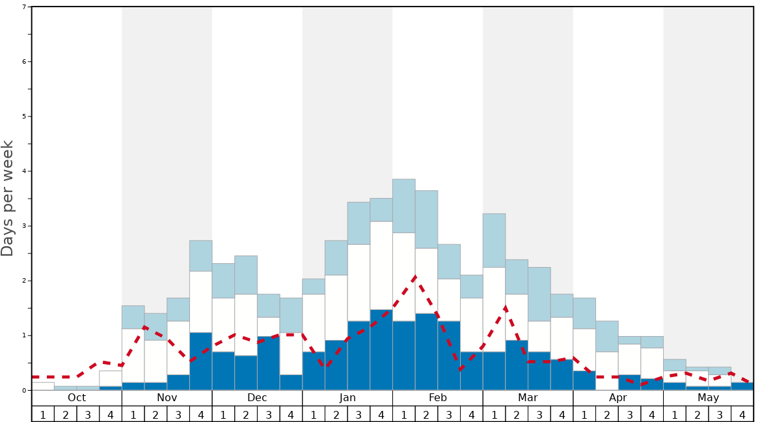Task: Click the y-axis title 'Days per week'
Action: [8, 199]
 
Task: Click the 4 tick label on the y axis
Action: [24, 171]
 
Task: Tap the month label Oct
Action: [77, 398]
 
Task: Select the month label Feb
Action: [438, 398]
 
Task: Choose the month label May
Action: [709, 398]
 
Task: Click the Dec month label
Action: [257, 398]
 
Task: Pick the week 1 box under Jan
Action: [314, 414]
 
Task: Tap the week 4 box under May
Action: [742, 414]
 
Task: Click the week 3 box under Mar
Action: [539, 414]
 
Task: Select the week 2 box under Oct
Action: [66, 414]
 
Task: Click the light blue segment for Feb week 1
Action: [404, 206]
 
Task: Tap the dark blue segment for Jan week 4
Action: [381, 350]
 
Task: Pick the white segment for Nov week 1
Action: [133, 356]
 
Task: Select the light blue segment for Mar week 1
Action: [495, 240]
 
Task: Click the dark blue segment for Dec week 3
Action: [269, 363]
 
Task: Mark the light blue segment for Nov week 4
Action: [201, 256]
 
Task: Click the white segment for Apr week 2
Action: [607, 371]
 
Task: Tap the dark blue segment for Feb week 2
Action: [427, 352]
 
